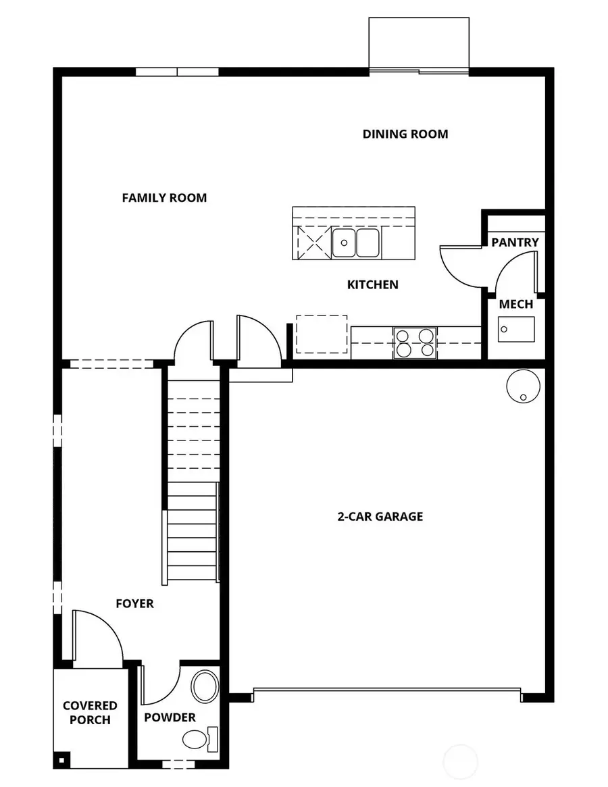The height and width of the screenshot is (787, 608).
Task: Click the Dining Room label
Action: pyautogui.click(x=405, y=134)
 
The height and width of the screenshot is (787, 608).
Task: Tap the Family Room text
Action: pyautogui.click(x=164, y=198)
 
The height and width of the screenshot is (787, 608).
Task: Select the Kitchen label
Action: pyautogui.click(x=372, y=284)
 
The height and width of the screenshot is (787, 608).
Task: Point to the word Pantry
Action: pyautogui.click(x=515, y=242)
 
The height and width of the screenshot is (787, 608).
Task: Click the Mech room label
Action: pyautogui.click(x=515, y=304)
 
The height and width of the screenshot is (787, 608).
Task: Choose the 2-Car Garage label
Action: pyautogui.click(x=380, y=517)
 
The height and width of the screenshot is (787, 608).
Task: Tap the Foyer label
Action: pyautogui.click(x=134, y=603)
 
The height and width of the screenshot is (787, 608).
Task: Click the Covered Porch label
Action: pyautogui.click(x=90, y=713)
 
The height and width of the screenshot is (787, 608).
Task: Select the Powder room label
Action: pyautogui.click(x=170, y=717)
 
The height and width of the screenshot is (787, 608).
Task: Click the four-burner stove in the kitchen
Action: pyautogui.click(x=414, y=342)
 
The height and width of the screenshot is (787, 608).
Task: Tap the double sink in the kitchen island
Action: pyautogui.click(x=356, y=243)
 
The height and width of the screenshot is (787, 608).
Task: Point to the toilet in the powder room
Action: pyautogui.click(x=198, y=738)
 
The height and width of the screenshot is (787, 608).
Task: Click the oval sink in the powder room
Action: pyautogui.click(x=203, y=686)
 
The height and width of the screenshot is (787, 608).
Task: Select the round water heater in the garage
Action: pyautogui.click(x=523, y=386)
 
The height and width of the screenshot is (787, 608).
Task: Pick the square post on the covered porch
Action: pyautogui.click(x=61, y=760)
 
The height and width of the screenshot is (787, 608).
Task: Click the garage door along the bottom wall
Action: pyautogui.click(x=386, y=691)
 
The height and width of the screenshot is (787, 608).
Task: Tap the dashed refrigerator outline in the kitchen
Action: pyautogui.click(x=322, y=334)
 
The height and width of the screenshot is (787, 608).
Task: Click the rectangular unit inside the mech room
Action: pyautogui.click(x=516, y=328)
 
